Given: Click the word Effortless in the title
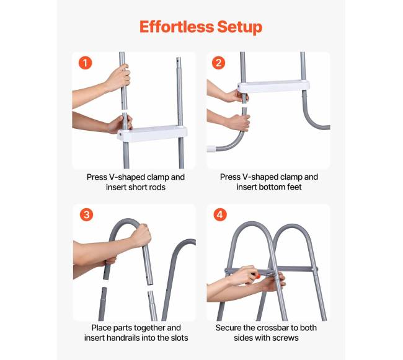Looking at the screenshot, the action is tap(177, 27).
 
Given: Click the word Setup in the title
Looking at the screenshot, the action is tap(240, 27).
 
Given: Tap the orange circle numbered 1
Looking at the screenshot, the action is tap(85, 63).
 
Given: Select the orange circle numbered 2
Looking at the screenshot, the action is tap(218, 63).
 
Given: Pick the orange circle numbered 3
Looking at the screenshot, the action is tap(86, 214).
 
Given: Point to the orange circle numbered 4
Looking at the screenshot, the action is tap(220, 214).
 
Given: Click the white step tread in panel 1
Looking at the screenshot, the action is tap(152, 133).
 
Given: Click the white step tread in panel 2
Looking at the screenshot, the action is tap(273, 86).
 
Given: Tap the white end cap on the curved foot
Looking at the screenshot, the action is tap(211, 149).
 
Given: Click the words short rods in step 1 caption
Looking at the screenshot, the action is tap(149, 187).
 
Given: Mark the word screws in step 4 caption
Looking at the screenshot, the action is tap(286, 338).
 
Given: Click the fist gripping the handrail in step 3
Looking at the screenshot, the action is tap(141, 235).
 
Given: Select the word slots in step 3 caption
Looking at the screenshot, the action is tap(179, 338).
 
